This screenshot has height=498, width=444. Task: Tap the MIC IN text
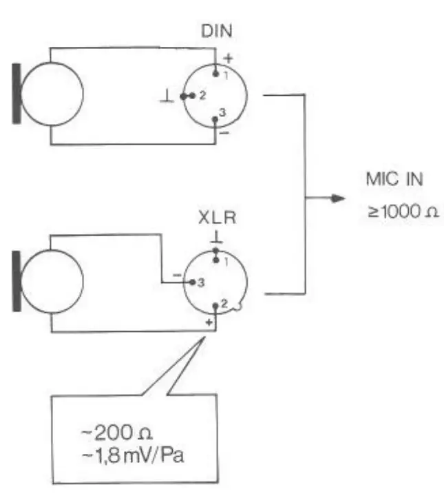tap(394, 181)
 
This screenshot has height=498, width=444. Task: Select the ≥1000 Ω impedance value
tap(402, 211)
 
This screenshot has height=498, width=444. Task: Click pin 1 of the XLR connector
tap(216, 259)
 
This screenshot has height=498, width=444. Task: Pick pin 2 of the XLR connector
tap(216, 304)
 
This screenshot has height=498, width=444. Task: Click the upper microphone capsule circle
tap(52, 94)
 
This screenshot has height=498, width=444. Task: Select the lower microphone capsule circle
tap(52, 282)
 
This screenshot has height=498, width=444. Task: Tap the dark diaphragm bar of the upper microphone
tap(17, 93)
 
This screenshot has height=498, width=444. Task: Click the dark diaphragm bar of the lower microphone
tap(17, 282)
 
